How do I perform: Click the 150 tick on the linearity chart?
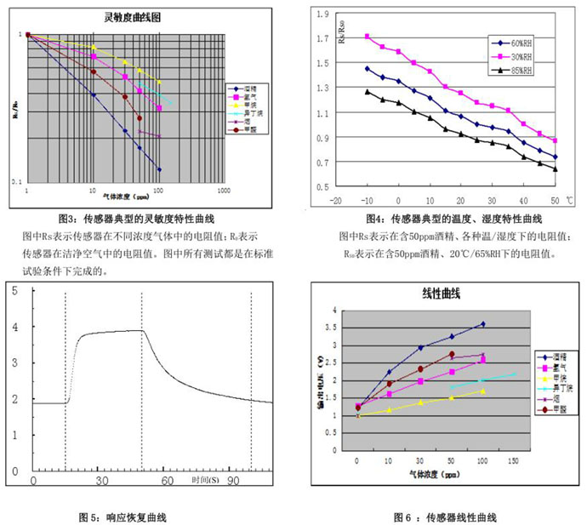514,460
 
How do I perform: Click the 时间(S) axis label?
203,481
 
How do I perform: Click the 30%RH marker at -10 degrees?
367,37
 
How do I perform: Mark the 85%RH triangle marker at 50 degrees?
555,168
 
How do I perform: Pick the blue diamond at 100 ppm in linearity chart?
482,323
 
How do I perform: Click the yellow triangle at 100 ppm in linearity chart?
482,391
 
